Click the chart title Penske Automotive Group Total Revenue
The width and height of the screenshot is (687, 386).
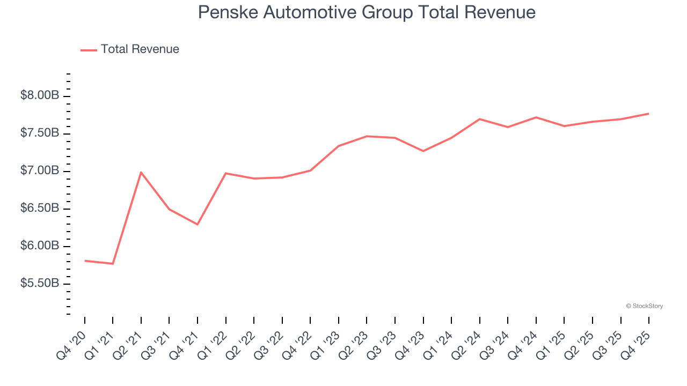(367, 12)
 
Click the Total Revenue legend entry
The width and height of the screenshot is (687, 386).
(140, 49)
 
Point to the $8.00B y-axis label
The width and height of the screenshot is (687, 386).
(40, 95)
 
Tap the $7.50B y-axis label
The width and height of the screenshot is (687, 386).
(40, 133)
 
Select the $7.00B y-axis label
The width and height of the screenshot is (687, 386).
(40, 170)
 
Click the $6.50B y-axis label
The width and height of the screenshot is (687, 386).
(40, 208)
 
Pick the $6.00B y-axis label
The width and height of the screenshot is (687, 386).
(40, 246)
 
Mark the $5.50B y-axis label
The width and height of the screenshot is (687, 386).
(40, 283)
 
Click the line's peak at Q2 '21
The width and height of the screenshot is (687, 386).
(141, 172)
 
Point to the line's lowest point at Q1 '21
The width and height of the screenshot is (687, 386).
(113, 264)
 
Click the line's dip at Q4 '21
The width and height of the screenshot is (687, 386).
(198, 224)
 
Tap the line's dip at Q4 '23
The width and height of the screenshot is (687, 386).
(423, 151)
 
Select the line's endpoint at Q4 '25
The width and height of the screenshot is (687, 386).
(648, 114)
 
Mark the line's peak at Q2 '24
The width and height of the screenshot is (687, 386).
(479, 119)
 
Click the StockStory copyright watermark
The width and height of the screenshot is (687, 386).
(644, 306)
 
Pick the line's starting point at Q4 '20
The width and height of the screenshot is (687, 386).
(85, 261)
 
